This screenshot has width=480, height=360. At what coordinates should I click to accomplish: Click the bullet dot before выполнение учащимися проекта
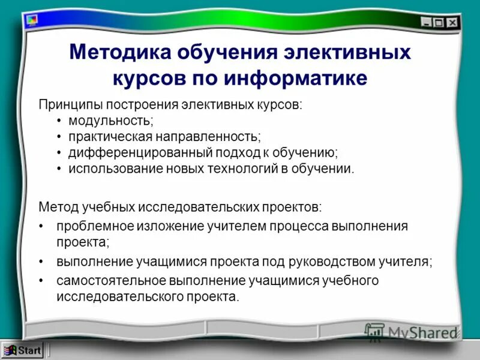click(x=41, y=262)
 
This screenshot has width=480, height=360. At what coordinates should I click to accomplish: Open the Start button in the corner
click(x=22, y=350)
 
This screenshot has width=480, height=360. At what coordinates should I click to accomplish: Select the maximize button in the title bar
click(x=439, y=22)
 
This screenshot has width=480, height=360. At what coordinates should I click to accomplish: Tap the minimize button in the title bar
click(x=426, y=22)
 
